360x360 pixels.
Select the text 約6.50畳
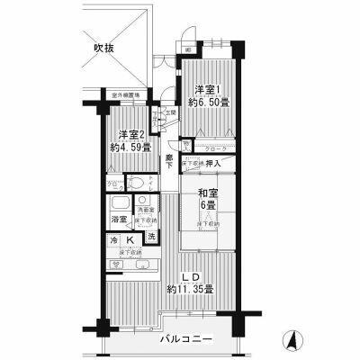point(206,103)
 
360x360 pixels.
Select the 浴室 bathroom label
point(118,219)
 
